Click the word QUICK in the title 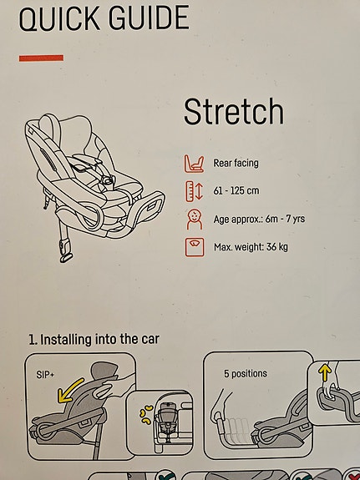tap(63, 18)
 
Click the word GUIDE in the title tap(151, 18)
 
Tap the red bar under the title tap(40, 58)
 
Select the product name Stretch tap(233, 112)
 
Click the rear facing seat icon tap(193, 164)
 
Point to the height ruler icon tap(193, 192)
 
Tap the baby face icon tap(193, 220)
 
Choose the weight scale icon tap(193, 248)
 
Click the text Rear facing tap(236, 164)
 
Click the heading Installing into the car tap(99, 340)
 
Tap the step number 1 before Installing tap(32, 340)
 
